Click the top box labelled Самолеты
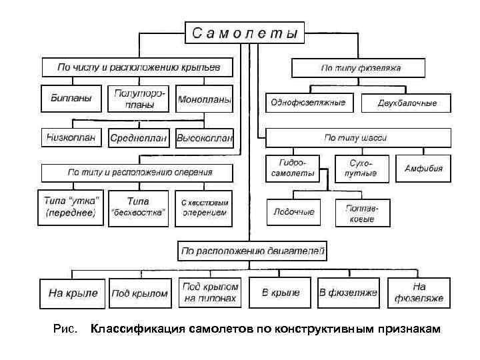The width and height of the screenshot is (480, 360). click(245, 32)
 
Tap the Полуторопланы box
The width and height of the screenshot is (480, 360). click(140, 99)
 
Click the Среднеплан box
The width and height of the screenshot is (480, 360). click(139, 139)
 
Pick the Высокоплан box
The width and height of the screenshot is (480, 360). click(205, 139)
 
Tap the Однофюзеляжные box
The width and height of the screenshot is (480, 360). click(307, 103)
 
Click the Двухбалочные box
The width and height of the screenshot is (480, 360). click(407, 103)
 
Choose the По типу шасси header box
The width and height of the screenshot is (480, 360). click(355, 138)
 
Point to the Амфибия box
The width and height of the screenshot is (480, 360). click(423, 168)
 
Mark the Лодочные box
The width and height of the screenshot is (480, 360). click(293, 212)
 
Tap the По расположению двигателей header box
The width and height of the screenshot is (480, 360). click(252, 251)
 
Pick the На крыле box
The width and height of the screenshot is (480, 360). click(73, 293)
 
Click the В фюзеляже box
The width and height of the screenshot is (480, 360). click(348, 293)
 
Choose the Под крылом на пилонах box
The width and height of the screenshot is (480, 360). click(209, 293)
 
